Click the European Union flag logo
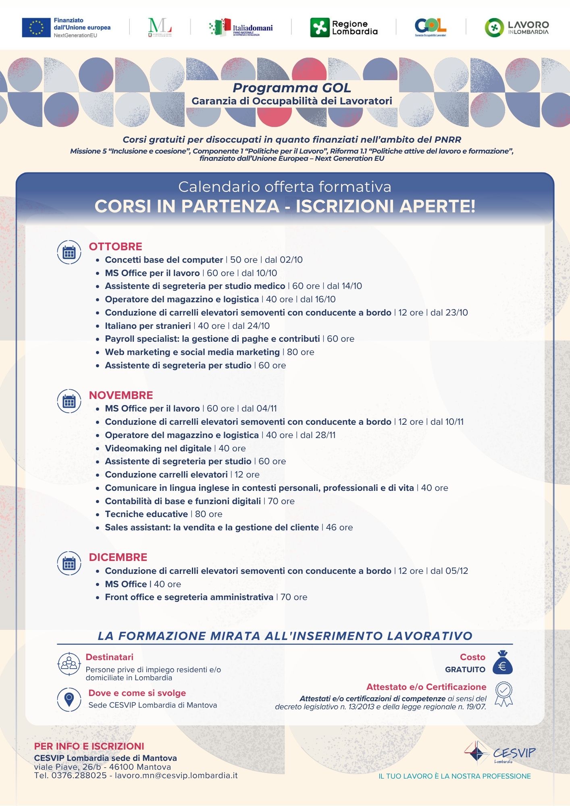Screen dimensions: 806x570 pos(36,27)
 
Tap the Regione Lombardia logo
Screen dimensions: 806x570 pos(343,27)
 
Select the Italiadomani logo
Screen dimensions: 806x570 pos(241,27)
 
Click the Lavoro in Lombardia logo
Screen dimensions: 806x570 pos(516,27)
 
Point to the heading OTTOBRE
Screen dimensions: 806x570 pos(115,247)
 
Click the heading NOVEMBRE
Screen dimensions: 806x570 pos(121,395)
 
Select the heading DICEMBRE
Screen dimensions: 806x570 pos(118,557)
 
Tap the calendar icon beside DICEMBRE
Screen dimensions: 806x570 pos(69,563)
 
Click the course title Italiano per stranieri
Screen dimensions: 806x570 pos(148,326)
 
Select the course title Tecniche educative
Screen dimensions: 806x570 pos(146,514)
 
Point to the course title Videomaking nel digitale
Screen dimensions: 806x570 pos(158,449)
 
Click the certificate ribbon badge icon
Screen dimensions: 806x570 pos(503,694)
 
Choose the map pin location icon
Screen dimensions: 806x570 pos(69,699)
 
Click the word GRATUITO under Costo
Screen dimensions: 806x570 pos(465,669)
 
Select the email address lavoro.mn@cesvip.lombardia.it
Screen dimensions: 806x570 pos(176,775)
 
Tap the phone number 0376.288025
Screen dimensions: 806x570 pos(79,775)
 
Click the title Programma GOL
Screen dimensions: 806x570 pos(291,88)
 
